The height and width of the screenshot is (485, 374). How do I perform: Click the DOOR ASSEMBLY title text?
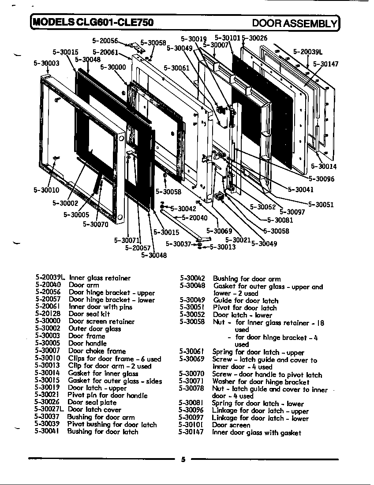click(294, 22)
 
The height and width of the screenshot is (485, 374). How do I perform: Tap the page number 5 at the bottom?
click(183, 459)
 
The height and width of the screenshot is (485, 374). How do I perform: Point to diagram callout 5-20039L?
click(307, 52)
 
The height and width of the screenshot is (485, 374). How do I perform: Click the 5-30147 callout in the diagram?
click(325, 64)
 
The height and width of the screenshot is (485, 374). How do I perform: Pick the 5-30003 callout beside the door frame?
click(46, 63)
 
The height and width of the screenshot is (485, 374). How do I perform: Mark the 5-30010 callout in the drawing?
click(46, 190)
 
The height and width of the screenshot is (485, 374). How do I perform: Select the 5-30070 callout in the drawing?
click(96, 224)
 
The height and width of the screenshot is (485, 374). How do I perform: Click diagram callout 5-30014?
click(324, 167)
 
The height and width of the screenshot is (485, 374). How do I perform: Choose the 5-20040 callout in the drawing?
click(194, 218)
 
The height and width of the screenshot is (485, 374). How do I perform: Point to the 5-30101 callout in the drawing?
click(228, 38)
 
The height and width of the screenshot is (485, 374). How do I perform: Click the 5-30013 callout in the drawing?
click(222, 247)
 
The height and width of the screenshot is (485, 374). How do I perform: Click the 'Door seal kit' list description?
click(89, 314)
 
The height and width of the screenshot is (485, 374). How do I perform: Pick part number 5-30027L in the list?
click(49, 410)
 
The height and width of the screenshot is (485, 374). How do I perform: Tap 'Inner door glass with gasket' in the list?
click(256, 433)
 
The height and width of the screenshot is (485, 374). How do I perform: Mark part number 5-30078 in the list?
click(191, 389)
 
